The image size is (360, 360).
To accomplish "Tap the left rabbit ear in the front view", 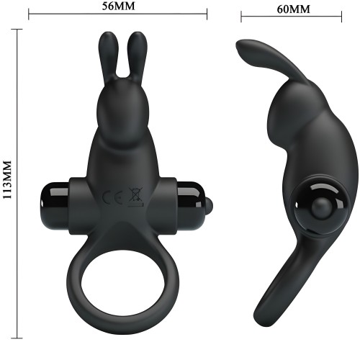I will [109, 54].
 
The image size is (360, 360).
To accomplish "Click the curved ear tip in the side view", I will [242, 49].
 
